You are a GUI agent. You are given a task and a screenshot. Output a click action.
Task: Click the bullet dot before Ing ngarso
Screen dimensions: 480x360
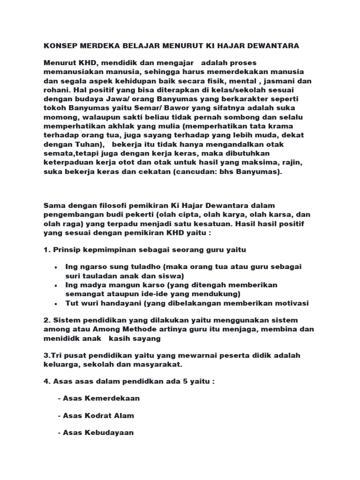[56, 267]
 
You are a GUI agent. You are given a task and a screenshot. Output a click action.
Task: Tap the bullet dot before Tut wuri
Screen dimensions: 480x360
[56, 303]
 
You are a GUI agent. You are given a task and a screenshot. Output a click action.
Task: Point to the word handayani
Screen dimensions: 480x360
[118, 303]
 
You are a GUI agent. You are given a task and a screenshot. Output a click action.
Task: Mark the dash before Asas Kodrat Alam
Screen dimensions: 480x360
[60, 416]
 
